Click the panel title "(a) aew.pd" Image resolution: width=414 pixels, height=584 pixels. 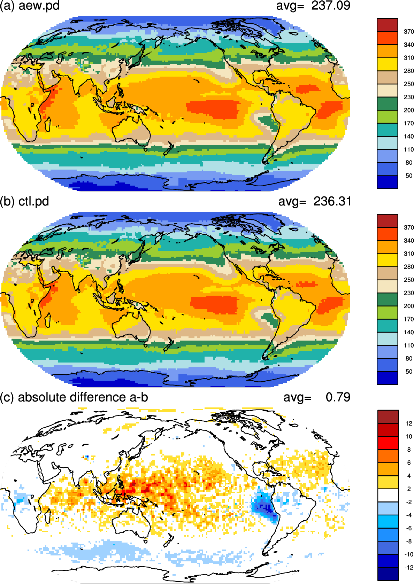pyautogui.click(x=30, y=6)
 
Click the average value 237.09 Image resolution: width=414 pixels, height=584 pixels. pyautogui.click(x=331, y=6)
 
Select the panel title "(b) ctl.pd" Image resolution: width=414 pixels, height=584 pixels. pyautogui.click(x=24, y=202)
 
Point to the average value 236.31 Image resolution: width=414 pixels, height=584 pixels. pyautogui.click(x=332, y=201)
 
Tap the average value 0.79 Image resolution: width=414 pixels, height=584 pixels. pyautogui.click(x=338, y=397)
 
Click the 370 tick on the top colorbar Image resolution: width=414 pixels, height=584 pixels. pyautogui.click(x=409, y=32)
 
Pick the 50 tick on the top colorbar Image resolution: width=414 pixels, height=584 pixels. pyautogui.click(x=409, y=176)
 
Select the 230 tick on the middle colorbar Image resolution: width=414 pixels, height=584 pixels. pyautogui.click(x=409, y=293)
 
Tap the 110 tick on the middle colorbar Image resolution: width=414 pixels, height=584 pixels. pyautogui.click(x=409, y=345)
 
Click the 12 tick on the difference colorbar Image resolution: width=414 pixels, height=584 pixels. pyautogui.click(x=409, y=423)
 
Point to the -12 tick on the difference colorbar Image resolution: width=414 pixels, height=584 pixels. pyautogui.click(x=408, y=567)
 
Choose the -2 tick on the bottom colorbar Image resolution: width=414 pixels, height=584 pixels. pyautogui.click(x=408, y=502)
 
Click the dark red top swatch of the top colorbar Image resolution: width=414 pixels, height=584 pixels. pyautogui.click(x=388, y=25)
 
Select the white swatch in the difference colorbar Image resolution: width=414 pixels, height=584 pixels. pyautogui.click(x=388, y=495)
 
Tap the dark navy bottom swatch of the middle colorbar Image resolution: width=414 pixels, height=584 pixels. pyautogui.click(x=388, y=378)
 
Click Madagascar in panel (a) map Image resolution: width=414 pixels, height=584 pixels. pyautogui.click(x=48, y=125)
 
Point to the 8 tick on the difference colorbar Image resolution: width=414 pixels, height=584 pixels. pyautogui.click(x=409, y=450)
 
